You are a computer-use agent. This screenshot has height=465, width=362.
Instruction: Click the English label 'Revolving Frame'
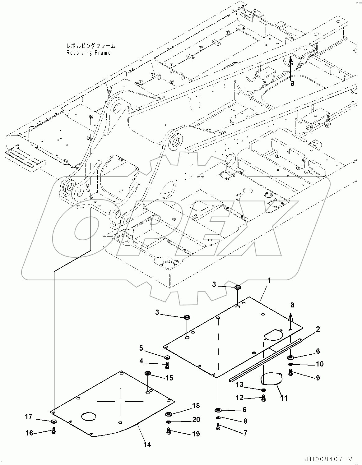click(x=88, y=53)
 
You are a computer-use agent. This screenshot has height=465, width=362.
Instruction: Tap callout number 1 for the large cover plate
click(x=269, y=281)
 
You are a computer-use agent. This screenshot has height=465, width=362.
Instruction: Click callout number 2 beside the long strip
click(x=318, y=329)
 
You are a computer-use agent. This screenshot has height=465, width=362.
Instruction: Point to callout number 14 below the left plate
click(x=147, y=444)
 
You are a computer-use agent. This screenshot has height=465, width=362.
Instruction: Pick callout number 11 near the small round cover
click(x=284, y=398)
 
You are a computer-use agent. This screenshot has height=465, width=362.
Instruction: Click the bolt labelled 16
click(x=54, y=431)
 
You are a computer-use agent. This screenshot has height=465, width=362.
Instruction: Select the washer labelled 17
click(x=53, y=421)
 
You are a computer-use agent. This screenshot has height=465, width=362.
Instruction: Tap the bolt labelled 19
click(x=168, y=431)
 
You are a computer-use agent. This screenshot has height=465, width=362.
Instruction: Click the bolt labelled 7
click(x=218, y=427)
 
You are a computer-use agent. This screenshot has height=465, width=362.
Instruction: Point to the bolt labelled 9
click(x=290, y=372)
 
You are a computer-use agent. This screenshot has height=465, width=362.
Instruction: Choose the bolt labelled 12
click(x=263, y=398)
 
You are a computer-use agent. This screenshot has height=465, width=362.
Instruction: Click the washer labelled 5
click(x=167, y=357)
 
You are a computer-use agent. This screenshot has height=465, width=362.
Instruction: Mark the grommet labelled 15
click(x=148, y=373)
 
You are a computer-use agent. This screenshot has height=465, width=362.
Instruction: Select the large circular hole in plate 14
click(x=89, y=417)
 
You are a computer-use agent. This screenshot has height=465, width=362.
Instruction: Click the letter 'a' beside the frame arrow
click(x=292, y=83)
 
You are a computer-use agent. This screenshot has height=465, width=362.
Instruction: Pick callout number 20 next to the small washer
click(x=196, y=420)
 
